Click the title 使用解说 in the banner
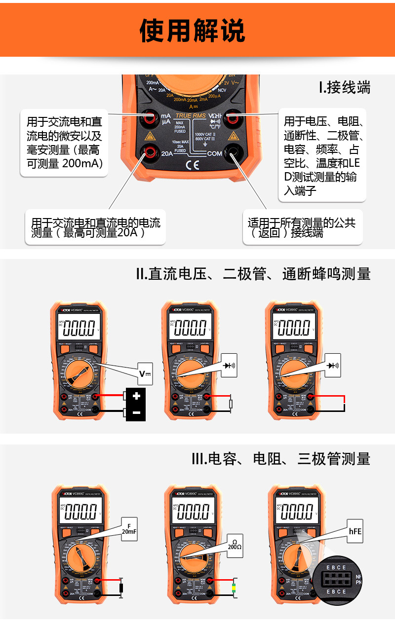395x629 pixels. pyautogui.click(x=192, y=31)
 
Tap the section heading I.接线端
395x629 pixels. pyautogui.click(x=344, y=87)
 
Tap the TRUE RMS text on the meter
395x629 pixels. pyautogui.click(x=191, y=116)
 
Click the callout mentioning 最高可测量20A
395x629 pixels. pyautogui.click(x=95, y=227)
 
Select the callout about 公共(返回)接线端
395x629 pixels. pyautogui.click(x=302, y=227)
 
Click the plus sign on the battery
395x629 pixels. pyautogui.click(x=136, y=396)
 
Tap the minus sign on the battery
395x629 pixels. pyautogui.click(x=136, y=412)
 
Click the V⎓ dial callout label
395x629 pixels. pyautogui.click(x=145, y=374)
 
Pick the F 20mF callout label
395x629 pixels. pyautogui.click(x=129, y=529)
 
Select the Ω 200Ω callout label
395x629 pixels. pyautogui.click(x=235, y=546)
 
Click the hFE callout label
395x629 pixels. pyautogui.click(x=355, y=531)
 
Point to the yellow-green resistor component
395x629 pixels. pyautogui.click(x=234, y=588)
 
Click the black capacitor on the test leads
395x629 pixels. pyautogui.click(x=121, y=588)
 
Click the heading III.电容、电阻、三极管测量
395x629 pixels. pyautogui.click(x=280, y=459)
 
